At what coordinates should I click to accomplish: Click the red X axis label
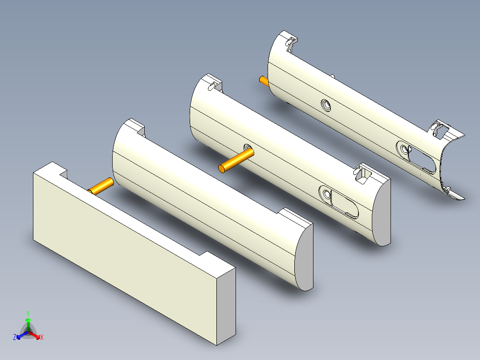click(42, 337)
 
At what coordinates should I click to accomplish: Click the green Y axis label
click(28, 313)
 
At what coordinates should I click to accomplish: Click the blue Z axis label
click(15, 337)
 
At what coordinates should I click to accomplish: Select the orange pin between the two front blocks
click(101, 186)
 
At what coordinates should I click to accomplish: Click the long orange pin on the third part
click(236, 160)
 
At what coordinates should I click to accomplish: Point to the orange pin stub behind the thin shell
click(264, 81)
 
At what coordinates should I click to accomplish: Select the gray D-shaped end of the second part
click(304, 258)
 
